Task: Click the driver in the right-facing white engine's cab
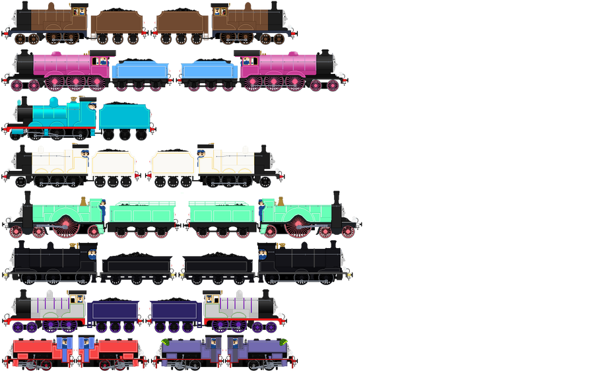pos(203,154)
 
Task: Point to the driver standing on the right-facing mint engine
pos(261,209)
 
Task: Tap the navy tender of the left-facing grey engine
pos(113,310)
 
